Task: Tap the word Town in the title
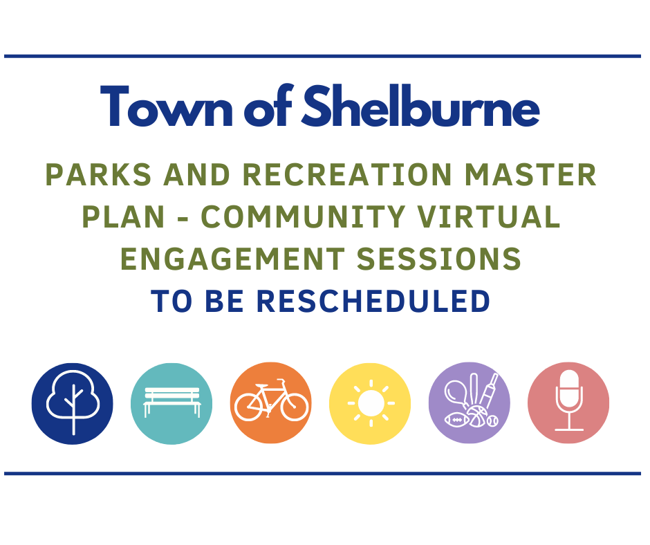point(166,106)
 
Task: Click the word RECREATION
point(347,174)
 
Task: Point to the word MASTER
point(530,174)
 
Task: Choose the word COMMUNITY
point(303,216)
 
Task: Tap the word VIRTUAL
point(489,216)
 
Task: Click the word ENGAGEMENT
point(232,259)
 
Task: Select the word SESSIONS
point(438,259)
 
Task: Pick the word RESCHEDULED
point(373,301)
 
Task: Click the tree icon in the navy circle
point(73,403)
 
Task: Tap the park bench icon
point(171,402)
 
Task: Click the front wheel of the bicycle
point(295,407)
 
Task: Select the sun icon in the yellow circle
point(371,403)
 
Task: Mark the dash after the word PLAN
point(183,218)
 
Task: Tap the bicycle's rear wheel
point(249,407)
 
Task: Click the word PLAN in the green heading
point(124,216)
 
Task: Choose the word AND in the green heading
point(197,174)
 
